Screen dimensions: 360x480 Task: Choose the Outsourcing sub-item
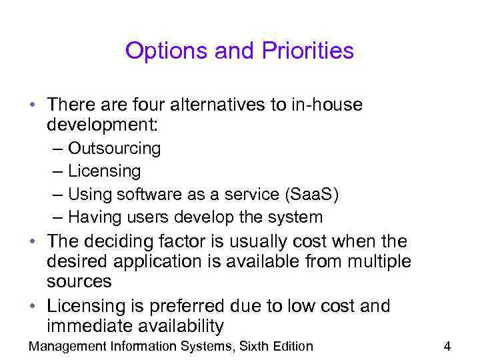click(x=114, y=148)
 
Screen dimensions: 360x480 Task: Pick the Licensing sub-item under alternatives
click(x=104, y=171)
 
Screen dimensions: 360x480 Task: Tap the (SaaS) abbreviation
click(x=311, y=194)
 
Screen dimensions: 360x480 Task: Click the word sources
click(x=79, y=281)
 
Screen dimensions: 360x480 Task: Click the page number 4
click(x=447, y=346)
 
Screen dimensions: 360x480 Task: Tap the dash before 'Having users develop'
click(x=57, y=217)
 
